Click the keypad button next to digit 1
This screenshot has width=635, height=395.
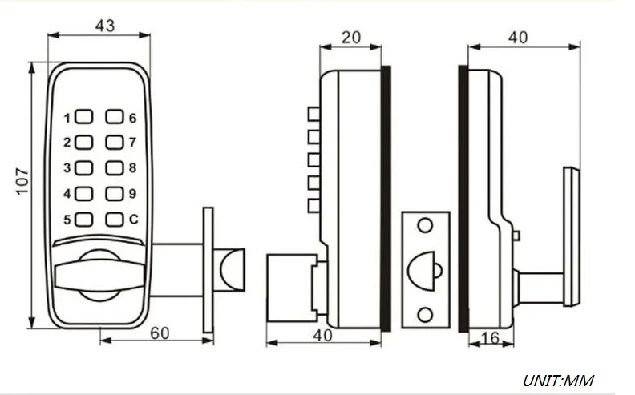pos(84,116)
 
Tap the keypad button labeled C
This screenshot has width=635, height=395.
pos(115,220)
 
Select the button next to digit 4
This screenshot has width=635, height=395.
pos(84,194)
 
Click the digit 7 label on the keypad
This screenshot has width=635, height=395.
pos(132,142)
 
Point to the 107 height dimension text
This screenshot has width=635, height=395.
pos(22,181)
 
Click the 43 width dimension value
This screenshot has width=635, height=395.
pos(105,26)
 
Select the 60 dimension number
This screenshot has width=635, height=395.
pos(160,333)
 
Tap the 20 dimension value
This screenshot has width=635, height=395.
pos(350,37)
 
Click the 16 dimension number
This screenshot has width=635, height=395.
pos(490,337)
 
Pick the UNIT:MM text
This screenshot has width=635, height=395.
pos(559,381)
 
